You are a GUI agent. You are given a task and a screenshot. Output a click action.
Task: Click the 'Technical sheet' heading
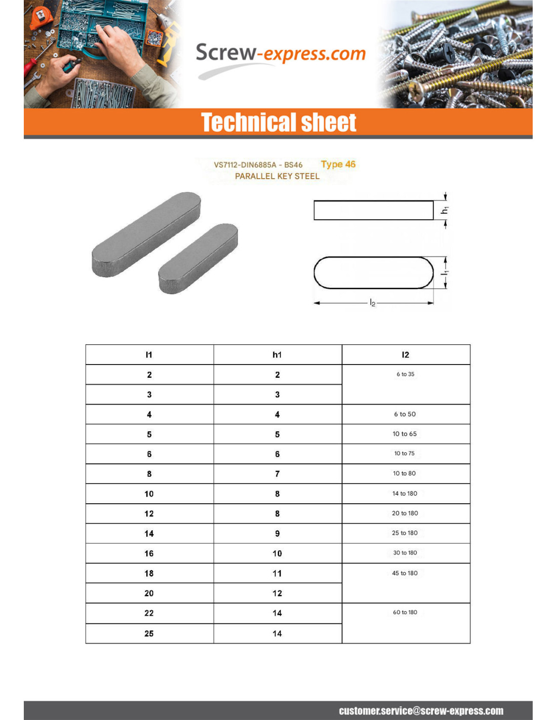[x=278, y=123]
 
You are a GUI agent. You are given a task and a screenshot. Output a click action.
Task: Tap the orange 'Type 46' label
[x=338, y=164]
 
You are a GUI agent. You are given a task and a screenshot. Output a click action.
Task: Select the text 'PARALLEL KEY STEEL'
[x=277, y=176]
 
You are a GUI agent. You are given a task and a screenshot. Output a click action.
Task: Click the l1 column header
[x=149, y=354]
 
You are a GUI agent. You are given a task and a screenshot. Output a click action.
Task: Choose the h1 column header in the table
[x=277, y=354]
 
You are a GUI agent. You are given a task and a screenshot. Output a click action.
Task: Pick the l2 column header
[x=405, y=354]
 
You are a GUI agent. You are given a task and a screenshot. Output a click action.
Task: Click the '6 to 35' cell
[x=405, y=374]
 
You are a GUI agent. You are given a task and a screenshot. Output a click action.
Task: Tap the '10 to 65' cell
[x=405, y=434]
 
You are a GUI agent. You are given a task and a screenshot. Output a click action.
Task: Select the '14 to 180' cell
[x=405, y=493]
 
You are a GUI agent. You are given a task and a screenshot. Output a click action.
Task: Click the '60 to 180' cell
[x=405, y=612]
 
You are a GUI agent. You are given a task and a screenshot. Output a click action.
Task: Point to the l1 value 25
[x=149, y=633]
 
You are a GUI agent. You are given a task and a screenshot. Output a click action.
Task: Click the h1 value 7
[x=277, y=474]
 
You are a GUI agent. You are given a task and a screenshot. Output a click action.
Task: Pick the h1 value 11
[x=277, y=573]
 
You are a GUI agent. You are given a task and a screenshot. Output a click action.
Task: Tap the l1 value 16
[x=149, y=553]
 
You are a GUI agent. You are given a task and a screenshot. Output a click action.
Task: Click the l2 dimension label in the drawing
[x=373, y=303]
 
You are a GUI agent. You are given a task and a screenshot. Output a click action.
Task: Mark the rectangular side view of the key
[x=373, y=210]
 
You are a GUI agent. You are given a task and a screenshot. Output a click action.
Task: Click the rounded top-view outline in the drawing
[x=373, y=273]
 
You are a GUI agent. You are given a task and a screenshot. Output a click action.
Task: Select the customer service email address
[x=421, y=711]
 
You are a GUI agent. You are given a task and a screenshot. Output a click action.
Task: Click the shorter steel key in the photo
[x=198, y=258]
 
